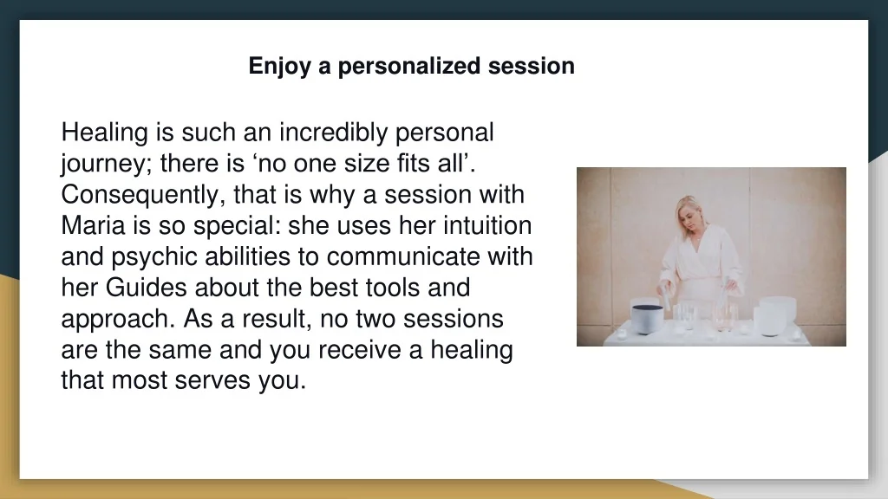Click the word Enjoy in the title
pyautogui.click(x=280, y=67)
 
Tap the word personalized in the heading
pyautogui.click(x=409, y=67)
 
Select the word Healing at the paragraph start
pyautogui.click(x=105, y=133)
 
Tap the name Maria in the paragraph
pyautogui.click(x=93, y=225)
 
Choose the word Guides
pyautogui.click(x=146, y=288)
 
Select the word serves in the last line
pyautogui.click(x=212, y=380)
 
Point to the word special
pyautogui.click(x=238, y=226)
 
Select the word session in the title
pyautogui.click(x=532, y=67)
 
